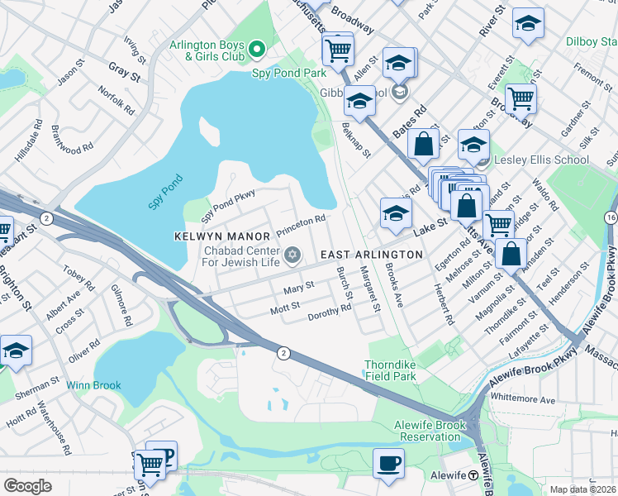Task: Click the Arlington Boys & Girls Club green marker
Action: point(256,50)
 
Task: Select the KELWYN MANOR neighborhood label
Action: point(212,236)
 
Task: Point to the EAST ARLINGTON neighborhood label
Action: point(365,255)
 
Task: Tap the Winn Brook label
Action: point(94,385)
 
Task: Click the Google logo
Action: point(28,486)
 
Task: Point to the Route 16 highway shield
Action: point(611,217)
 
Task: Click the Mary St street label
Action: point(298,289)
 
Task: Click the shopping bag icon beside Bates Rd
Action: point(423,143)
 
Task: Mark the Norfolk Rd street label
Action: point(116,101)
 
